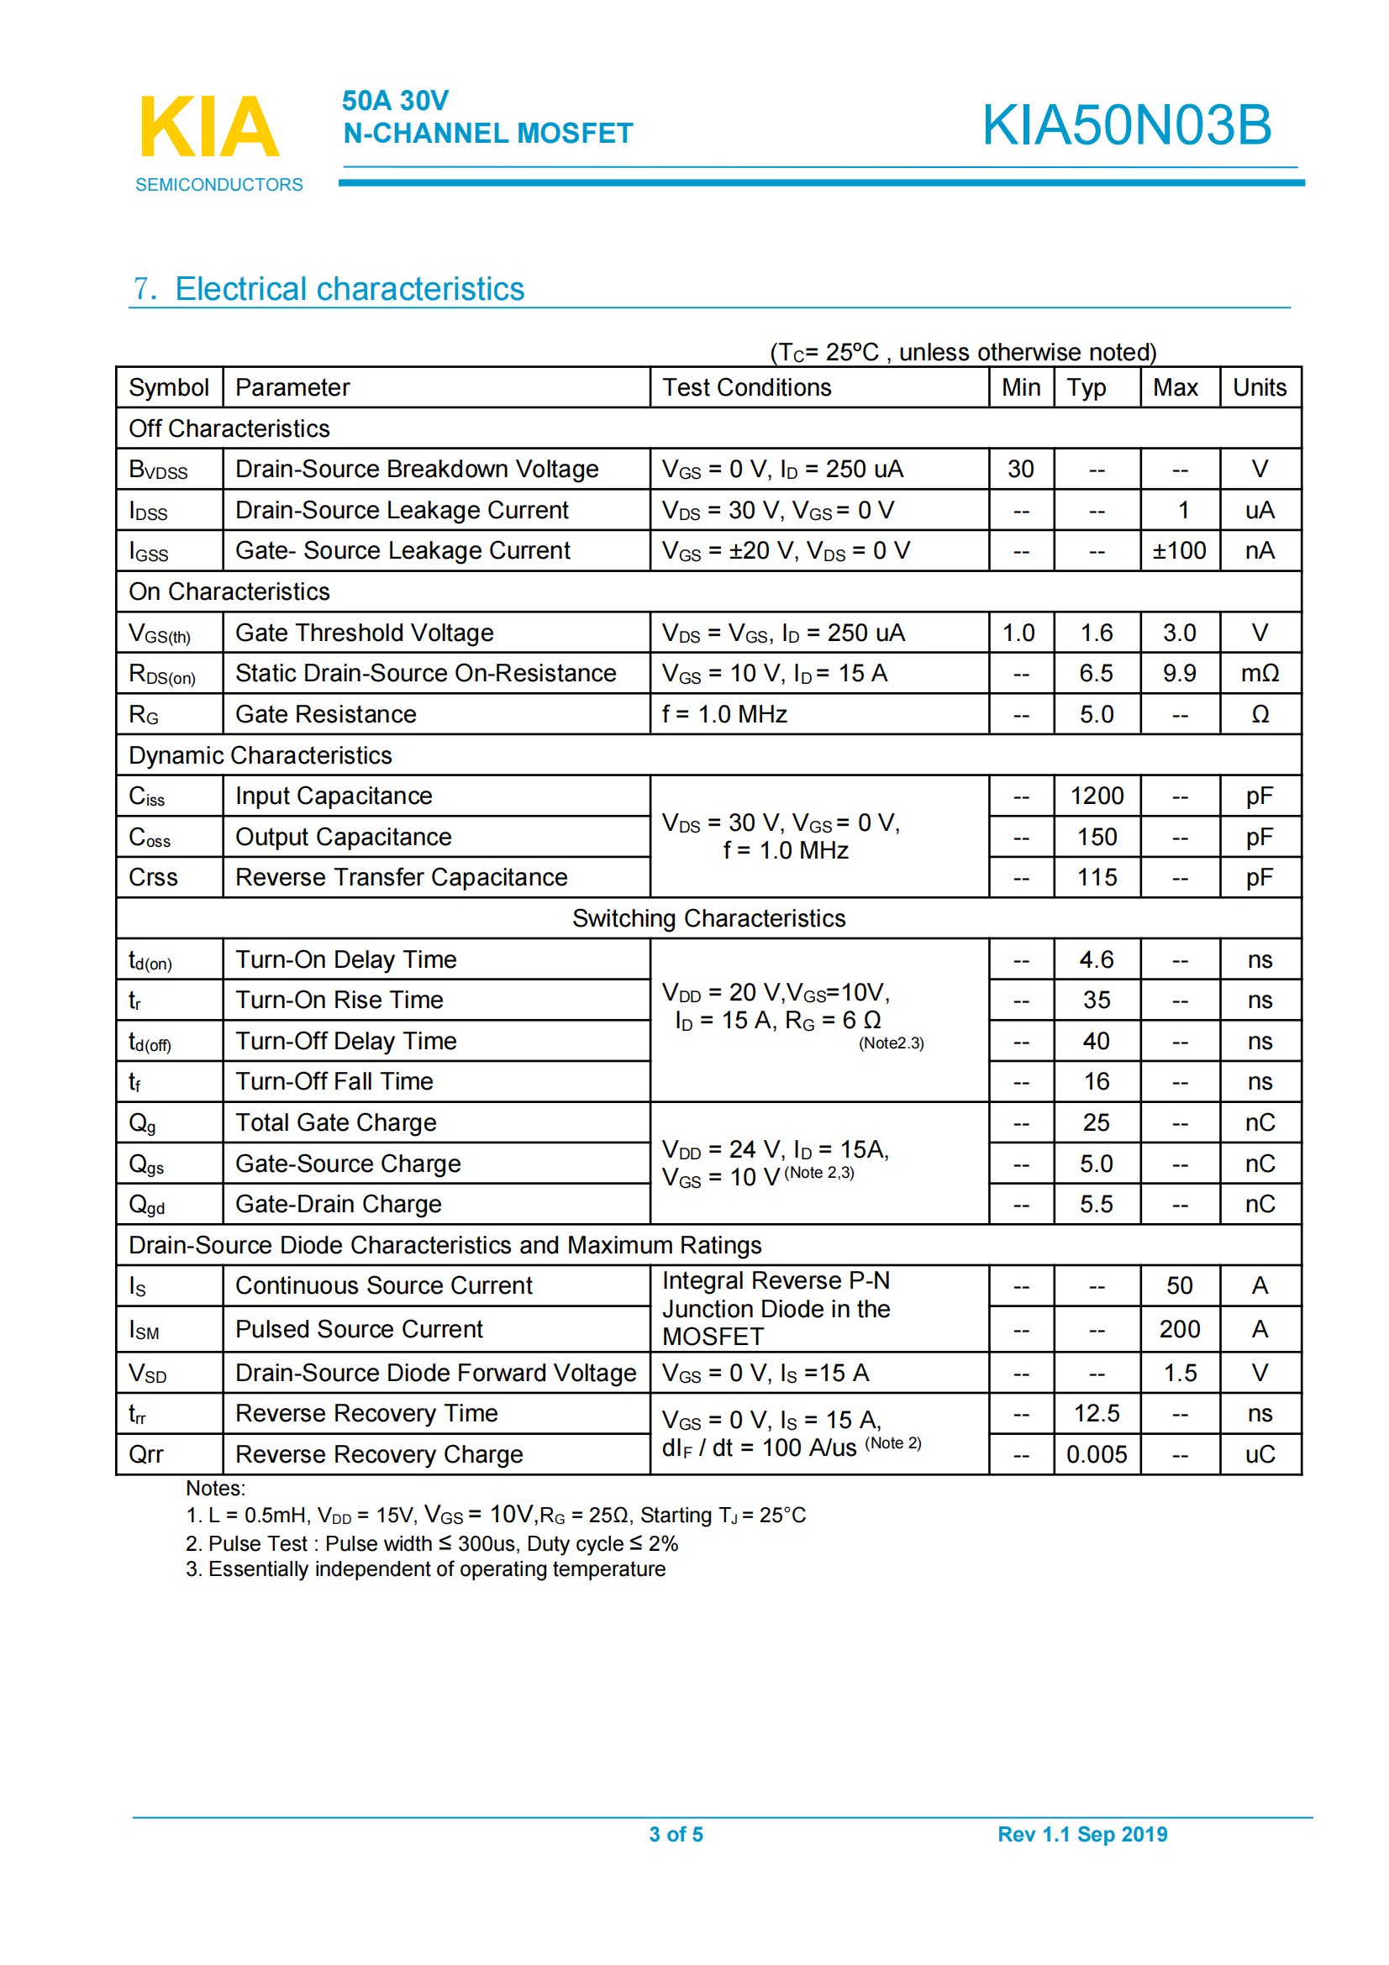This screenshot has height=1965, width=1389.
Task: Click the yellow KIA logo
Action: click(210, 127)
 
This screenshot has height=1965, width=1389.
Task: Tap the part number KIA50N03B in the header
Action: click(1125, 125)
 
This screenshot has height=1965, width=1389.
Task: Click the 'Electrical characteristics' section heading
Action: click(350, 289)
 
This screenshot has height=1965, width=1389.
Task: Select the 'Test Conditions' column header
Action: click(746, 387)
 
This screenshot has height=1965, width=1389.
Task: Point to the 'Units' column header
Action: click(1259, 387)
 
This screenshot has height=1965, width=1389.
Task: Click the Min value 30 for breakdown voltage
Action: click(1020, 469)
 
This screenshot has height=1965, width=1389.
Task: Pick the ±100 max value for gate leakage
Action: click(1178, 550)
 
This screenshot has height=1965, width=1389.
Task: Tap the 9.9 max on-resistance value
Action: click(1178, 674)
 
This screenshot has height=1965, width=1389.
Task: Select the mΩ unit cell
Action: click(1259, 674)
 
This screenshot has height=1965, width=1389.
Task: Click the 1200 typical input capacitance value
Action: click(1097, 796)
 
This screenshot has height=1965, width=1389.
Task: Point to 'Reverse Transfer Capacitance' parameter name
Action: click(402, 877)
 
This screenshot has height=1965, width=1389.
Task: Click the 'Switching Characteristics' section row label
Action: click(708, 918)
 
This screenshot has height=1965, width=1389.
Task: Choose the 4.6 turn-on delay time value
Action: click(1097, 959)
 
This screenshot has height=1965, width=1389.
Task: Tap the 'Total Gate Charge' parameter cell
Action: click(335, 1123)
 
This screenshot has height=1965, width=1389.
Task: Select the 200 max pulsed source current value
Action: click(1178, 1329)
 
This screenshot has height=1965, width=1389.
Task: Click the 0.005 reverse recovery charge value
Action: click(1097, 1454)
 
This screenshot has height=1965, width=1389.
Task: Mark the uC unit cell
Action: click(1259, 1454)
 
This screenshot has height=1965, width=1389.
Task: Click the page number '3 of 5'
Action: click(676, 1834)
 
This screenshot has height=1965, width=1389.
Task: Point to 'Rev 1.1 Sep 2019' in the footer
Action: click(1081, 1834)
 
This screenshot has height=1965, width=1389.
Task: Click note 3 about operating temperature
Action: click(425, 1568)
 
